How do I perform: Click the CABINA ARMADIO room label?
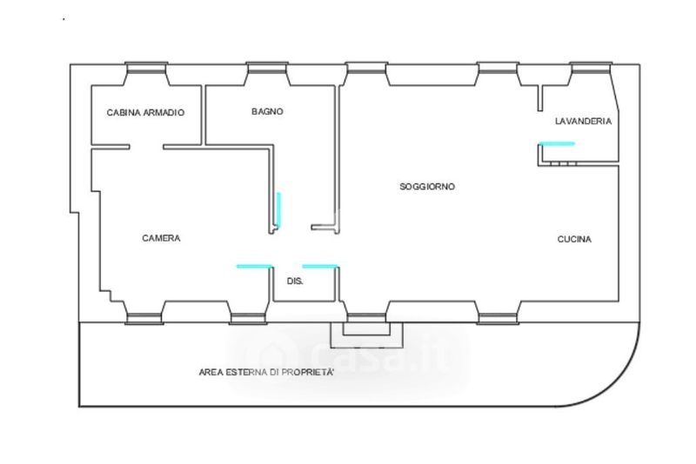145,113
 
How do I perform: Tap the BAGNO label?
267,111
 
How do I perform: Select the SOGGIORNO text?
427,187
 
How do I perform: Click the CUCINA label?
574,239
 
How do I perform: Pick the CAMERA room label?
161,238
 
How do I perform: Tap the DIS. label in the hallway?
295,281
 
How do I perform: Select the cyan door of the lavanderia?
556,143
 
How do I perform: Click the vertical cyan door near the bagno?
278,209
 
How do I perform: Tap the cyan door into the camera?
254,266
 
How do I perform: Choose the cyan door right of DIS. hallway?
320,266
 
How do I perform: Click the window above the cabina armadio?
145,68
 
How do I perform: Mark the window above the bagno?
267,68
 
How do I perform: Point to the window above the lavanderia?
591,68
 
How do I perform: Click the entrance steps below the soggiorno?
365,331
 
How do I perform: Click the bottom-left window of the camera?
144,317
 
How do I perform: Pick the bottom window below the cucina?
498,317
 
